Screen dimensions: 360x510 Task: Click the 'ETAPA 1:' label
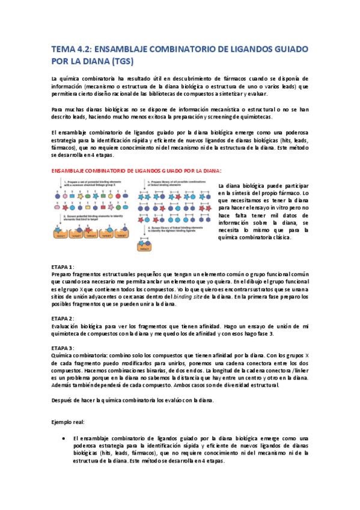click(x=63, y=266)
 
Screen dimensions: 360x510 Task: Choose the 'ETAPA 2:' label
click(x=63, y=318)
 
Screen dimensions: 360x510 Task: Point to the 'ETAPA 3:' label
click(x=63, y=348)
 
